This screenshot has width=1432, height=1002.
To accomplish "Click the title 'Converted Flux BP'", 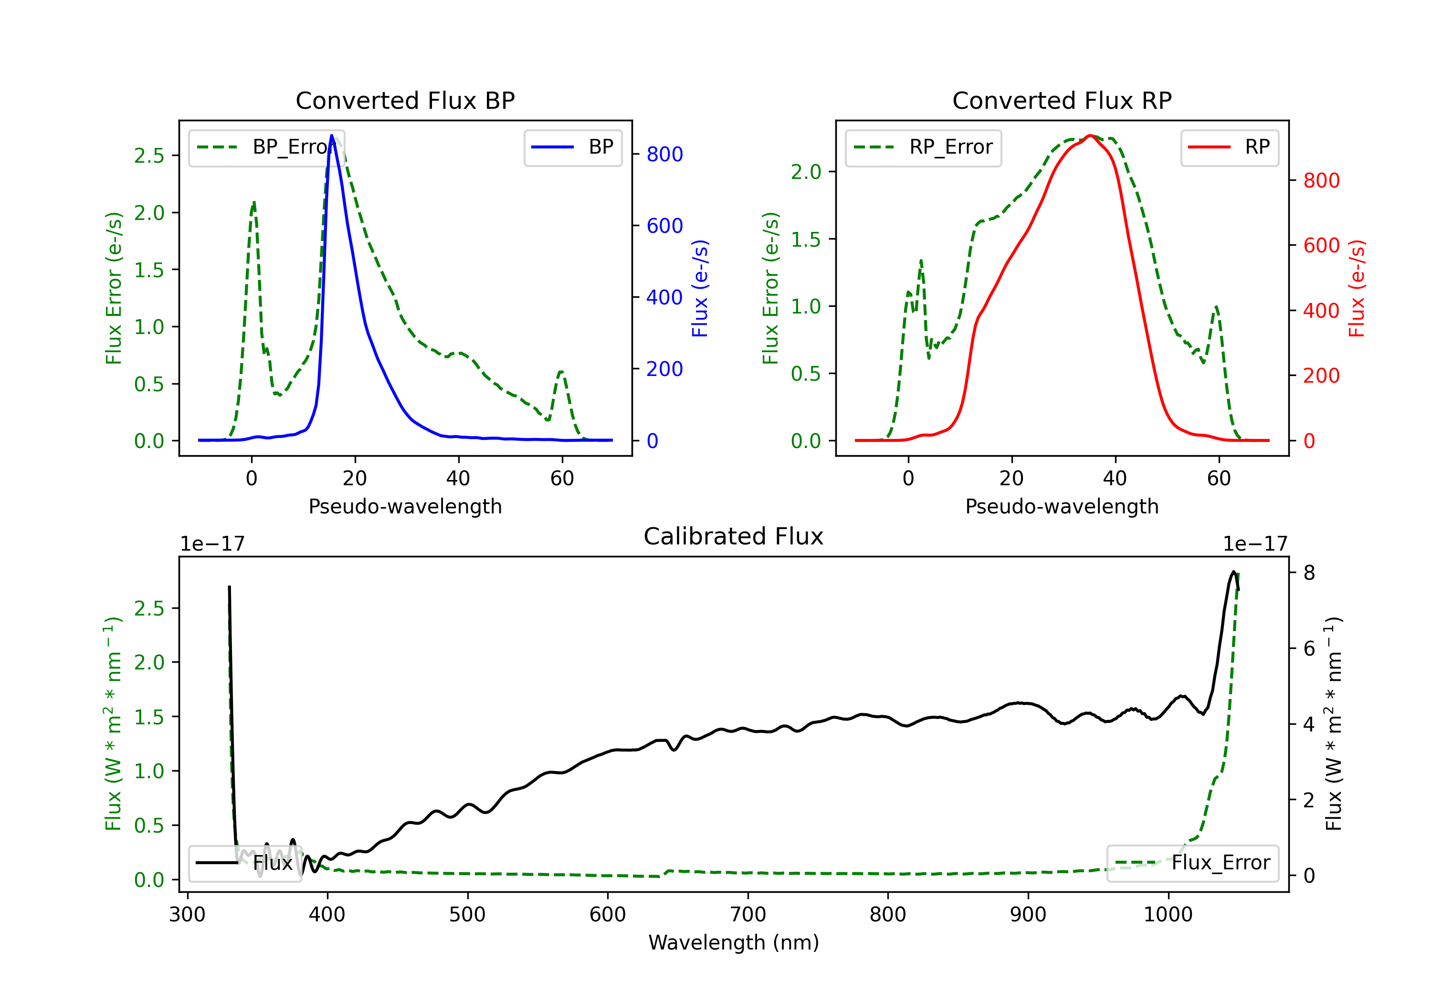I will [x=405, y=100].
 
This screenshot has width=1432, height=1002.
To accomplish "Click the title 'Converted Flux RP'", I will [x=1062, y=100].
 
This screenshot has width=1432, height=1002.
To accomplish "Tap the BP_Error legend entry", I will [x=267, y=147].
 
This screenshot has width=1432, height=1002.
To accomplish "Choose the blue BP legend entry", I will [x=572, y=147].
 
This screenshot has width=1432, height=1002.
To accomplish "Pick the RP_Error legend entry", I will [x=923, y=147].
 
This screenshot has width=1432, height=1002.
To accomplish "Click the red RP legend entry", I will [x=1229, y=147].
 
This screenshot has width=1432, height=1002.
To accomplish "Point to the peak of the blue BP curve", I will [x=332, y=136].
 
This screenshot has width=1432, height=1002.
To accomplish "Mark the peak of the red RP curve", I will [x=1090, y=136].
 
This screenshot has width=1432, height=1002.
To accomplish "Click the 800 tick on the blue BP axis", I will [x=664, y=154].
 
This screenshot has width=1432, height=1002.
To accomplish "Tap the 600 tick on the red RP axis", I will [x=1321, y=246].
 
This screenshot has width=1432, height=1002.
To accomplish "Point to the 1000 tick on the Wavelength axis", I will [x=1168, y=914].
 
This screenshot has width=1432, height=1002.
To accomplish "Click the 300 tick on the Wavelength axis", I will [x=187, y=914].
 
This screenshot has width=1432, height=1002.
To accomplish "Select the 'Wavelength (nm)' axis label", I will [x=734, y=942].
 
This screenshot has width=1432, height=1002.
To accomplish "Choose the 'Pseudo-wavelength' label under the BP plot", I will [x=405, y=506].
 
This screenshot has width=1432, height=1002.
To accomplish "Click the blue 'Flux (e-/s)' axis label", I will [x=700, y=288].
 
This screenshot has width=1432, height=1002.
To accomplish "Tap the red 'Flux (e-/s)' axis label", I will [x=1357, y=288].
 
